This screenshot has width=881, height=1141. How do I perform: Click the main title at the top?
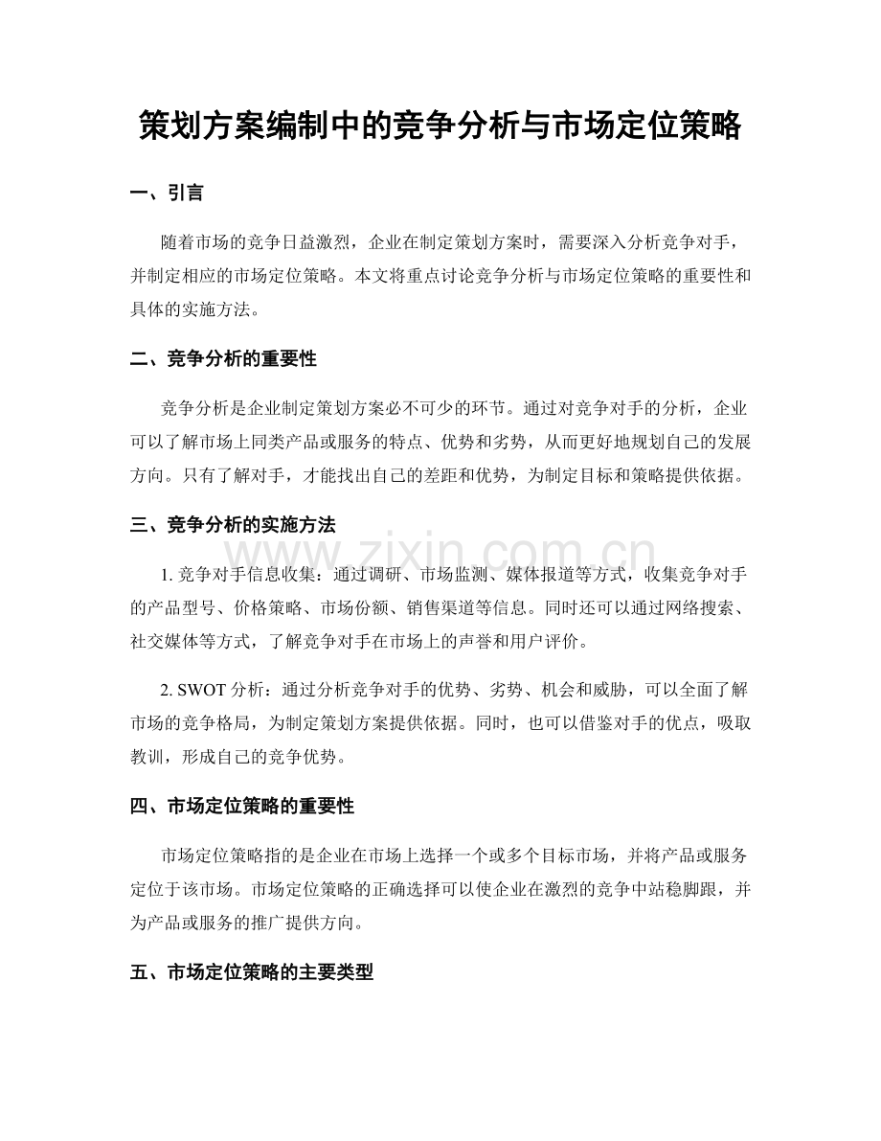pyautogui.click(x=440, y=126)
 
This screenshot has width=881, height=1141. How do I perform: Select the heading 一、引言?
pyautogui.click(x=167, y=193)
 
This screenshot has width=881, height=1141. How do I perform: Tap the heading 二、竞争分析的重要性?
pyautogui.click(x=222, y=359)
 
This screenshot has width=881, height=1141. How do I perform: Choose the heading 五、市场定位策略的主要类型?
pyautogui.click(x=251, y=972)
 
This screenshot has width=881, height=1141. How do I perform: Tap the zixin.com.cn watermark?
pyautogui.click(x=440, y=554)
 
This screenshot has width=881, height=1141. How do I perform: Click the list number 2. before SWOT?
pyautogui.click(x=169, y=689)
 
